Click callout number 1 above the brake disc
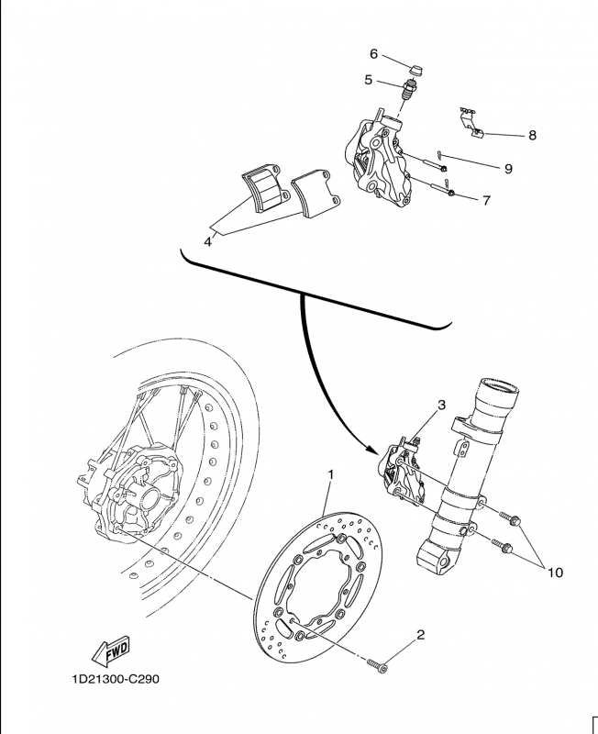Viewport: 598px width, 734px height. point(331,474)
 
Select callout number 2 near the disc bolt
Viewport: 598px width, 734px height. point(420,635)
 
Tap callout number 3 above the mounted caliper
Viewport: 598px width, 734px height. point(441,405)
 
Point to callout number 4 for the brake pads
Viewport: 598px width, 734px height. point(208,241)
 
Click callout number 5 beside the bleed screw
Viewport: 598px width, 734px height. point(369,80)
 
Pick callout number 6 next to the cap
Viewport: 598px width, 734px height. point(373,53)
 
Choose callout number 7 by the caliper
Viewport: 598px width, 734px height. point(486,199)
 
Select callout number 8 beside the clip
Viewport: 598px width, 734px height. point(532,135)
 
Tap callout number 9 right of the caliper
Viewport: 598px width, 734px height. point(507,168)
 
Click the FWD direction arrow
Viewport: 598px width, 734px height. point(113,652)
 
